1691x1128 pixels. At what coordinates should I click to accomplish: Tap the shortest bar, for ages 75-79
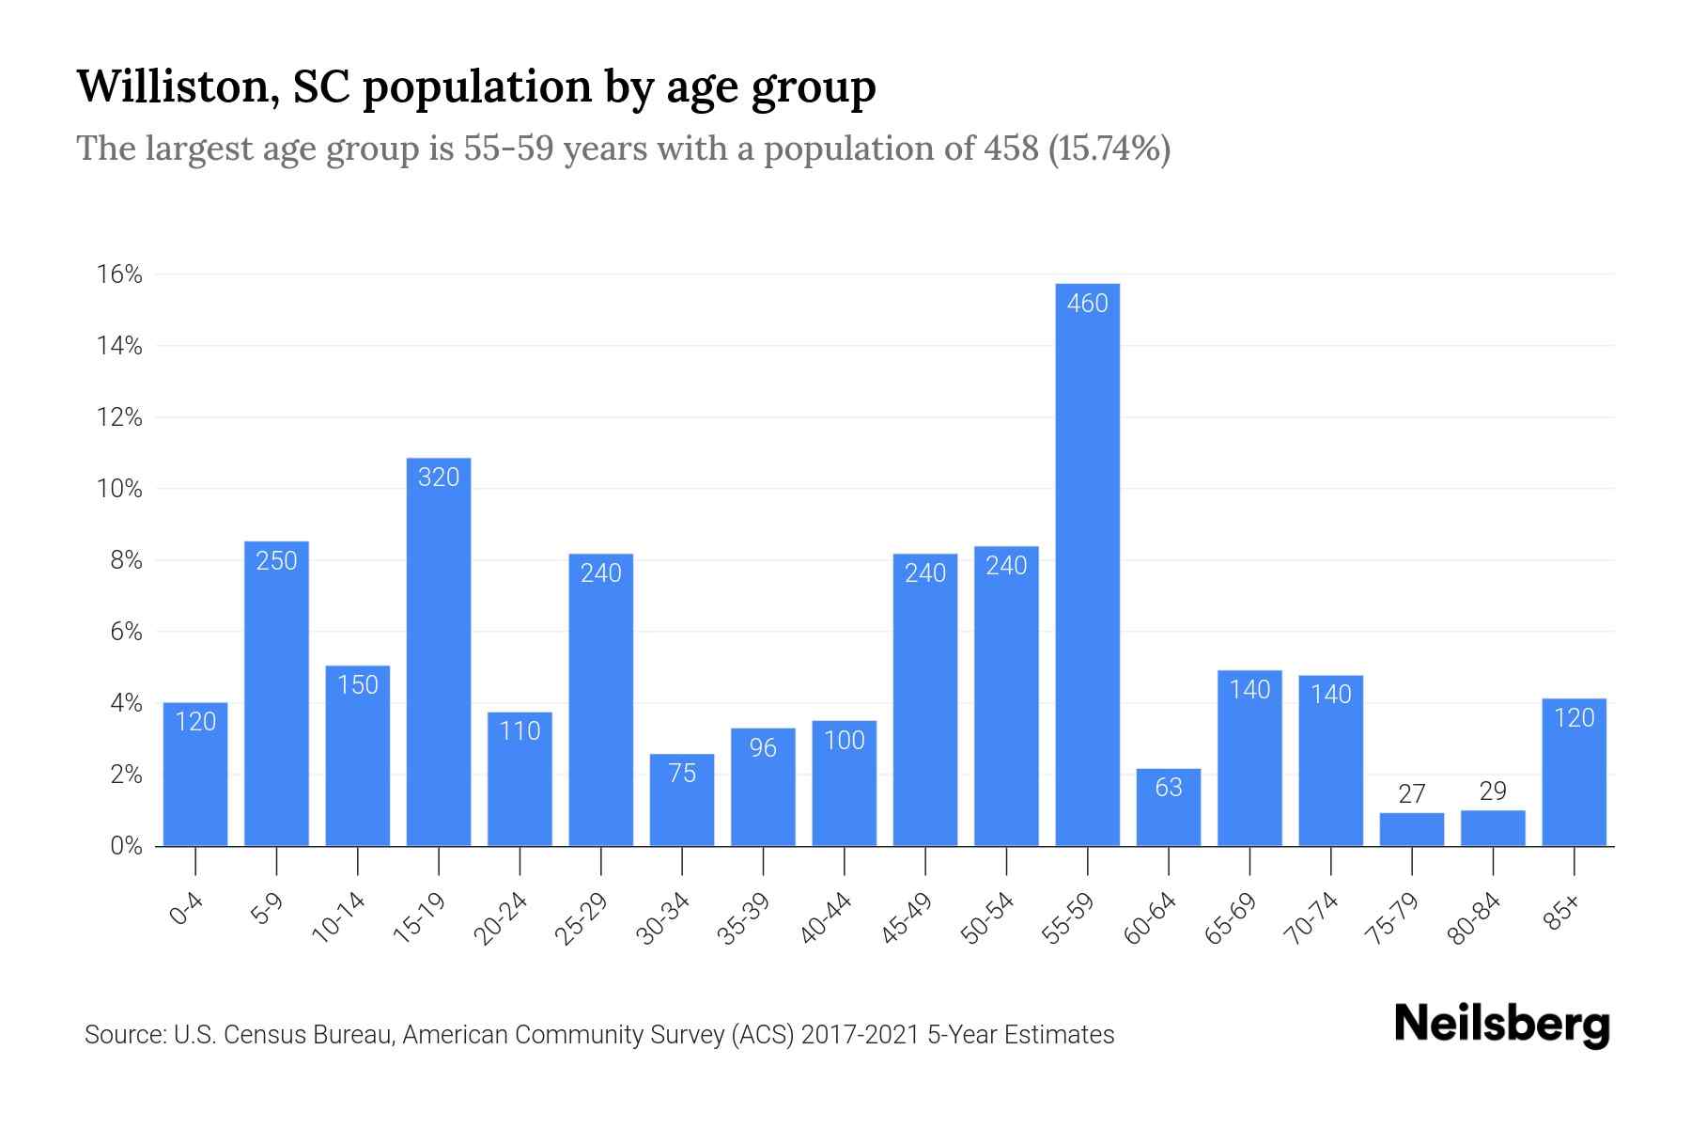click(1411, 830)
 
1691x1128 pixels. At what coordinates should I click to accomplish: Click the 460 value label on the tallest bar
click(1087, 304)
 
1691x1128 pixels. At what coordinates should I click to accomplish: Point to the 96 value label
click(763, 748)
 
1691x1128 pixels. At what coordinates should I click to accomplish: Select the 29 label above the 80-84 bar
click(1493, 791)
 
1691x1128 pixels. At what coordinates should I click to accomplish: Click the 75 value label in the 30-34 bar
click(682, 774)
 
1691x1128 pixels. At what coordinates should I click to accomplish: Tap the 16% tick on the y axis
click(119, 274)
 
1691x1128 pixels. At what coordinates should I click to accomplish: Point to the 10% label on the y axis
click(119, 489)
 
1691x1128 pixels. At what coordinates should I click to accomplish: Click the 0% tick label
click(126, 846)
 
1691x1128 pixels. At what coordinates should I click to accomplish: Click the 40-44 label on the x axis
click(826, 918)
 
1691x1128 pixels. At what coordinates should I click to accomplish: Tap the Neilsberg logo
click(1501, 1025)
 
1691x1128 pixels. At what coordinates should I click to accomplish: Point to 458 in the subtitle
click(1011, 149)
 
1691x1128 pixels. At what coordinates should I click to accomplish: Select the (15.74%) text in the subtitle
click(1109, 149)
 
